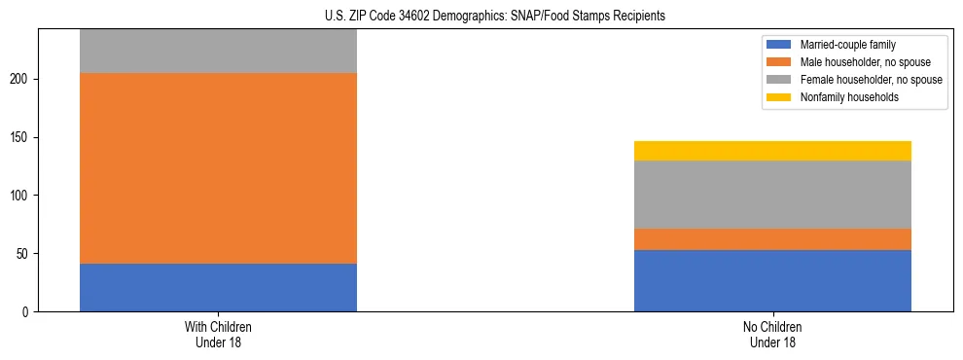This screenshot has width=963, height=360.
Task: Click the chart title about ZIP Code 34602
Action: pos(481,16)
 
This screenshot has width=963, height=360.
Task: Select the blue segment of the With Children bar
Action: pos(218,287)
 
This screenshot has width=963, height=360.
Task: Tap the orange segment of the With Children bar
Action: pos(218,168)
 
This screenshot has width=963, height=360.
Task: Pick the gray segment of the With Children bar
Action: pos(218,52)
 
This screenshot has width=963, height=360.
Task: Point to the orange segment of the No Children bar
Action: pos(772,239)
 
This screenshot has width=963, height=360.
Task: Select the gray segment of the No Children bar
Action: pos(772,195)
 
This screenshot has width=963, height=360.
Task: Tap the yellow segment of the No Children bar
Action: pos(772,151)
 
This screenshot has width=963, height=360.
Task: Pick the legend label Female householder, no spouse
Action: pos(871,80)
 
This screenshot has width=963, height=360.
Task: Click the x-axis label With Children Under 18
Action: pos(218,335)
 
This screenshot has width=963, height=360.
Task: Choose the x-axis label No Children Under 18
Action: pos(772,335)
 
